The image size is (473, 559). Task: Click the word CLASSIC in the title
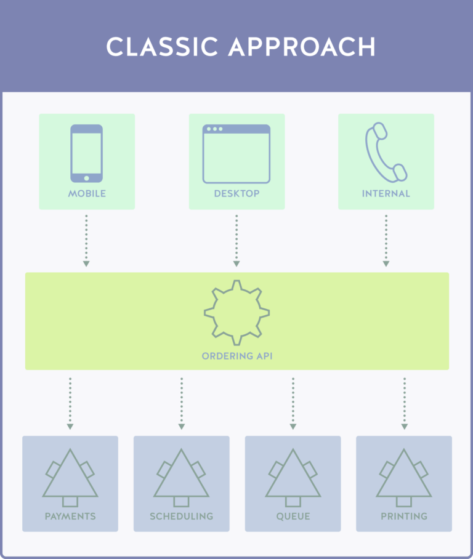tap(163, 47)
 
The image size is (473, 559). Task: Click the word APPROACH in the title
tap(302, 47)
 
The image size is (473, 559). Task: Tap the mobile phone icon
tap(86, 153)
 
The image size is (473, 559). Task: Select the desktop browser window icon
tap(236, 154)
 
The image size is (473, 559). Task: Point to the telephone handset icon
tap(386, 152)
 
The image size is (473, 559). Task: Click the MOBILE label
tap(87, 193)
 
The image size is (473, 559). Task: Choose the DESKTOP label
tap(236, 193)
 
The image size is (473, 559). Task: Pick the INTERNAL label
tap(386, 193)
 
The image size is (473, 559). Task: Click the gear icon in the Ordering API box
tap(236, 312)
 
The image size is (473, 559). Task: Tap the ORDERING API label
tap(237, 356)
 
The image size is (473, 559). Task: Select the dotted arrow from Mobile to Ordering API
tap(86, 240)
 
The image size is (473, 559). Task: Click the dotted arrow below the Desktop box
tap(236, 240)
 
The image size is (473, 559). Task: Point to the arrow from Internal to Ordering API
tap(386, 240)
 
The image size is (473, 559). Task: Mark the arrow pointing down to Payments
tap(70, 403)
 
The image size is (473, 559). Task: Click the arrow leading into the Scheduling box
tap(182, 403)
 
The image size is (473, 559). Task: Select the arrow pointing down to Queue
tap(293, 403)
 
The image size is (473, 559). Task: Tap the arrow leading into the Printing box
tap(405, 403)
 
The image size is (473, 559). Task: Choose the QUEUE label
tap(293, 517)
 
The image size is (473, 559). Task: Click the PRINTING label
tap(404, 517)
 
